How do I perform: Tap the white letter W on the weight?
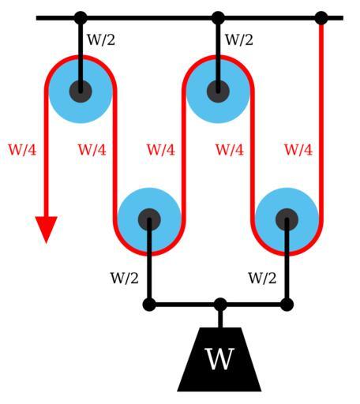point(219,359)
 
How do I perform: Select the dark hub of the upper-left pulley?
point(81,92)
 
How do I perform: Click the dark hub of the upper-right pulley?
point(218,92)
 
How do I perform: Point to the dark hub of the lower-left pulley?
point(149,219)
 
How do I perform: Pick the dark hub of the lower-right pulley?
point(287,219)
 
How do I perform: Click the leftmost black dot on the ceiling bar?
point(81,18)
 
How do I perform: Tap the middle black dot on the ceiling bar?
point(218,18)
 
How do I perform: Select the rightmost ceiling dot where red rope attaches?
point(321,18)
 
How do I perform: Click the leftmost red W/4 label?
point(22,150)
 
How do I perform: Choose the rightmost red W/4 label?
point(298,150)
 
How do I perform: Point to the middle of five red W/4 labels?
point(161,150)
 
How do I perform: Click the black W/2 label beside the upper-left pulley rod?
point(101,40)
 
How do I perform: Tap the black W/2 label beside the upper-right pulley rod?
point(239,40)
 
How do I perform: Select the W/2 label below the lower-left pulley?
point(124,278)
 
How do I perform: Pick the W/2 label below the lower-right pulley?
point(262,278)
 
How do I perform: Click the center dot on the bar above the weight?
point(220,305)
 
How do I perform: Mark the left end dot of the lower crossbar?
point(149,305)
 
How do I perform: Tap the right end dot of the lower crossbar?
point(287,305)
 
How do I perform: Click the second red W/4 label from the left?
point(92,150)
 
